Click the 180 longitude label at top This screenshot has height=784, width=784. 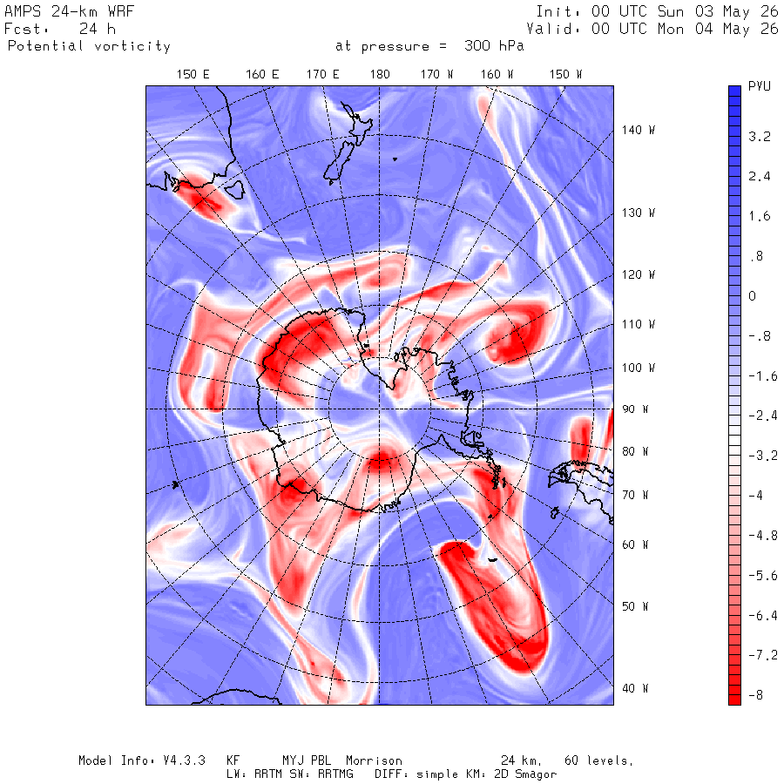click(380, 75)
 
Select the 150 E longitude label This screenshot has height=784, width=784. click(193, 75)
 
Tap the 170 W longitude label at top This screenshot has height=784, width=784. click(436, 75)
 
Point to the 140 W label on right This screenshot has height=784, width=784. click(638, 130)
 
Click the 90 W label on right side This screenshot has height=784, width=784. click(635, 409)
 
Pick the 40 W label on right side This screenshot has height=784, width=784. click(635, 688)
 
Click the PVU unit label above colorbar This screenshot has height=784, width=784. click(759, 86)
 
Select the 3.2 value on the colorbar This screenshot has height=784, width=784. click(760, 137)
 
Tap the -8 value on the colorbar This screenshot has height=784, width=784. click(755, 695)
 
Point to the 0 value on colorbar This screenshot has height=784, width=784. click(752, 296)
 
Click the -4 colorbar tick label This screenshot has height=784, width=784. click(755, 496)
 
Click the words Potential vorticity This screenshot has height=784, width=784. click(89, 46)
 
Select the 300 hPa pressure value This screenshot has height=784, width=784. click(494, 46)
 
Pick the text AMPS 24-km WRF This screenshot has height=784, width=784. click(69, 11)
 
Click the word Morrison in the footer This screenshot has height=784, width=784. click(374, 760)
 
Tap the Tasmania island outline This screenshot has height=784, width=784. click(234, 190)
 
